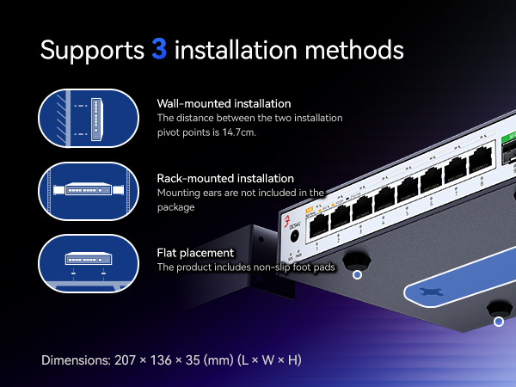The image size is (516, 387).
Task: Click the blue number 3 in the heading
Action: (x=159, y=49)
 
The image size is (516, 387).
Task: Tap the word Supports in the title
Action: (x=92, y=51)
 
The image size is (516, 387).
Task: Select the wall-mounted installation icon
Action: (x=89, y=118)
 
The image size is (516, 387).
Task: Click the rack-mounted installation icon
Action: (x=89, y=191)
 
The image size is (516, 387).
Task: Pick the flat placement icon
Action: (x=89, y=263)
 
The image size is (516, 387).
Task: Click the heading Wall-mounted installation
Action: (x=224, y=104)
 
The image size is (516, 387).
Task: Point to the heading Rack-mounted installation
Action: (x=225, y=178)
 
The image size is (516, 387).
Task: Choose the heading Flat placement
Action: (x=195, y=253)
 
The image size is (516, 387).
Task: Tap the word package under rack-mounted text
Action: (x=175, y=207)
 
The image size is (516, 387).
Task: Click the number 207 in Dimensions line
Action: (x=125, y=360)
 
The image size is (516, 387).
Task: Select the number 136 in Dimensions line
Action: (x=161, y=360)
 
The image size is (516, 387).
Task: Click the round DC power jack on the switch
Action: (x=294, y=236)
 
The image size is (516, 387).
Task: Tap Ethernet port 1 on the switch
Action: (x=319, y=224)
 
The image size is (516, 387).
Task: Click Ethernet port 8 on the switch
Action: (x=481, y=160)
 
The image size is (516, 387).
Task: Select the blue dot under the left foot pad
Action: (x=357, y=274)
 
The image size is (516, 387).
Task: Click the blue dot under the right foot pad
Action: (x=499, y=321)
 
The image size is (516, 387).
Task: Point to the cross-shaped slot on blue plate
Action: (x=432, y=292)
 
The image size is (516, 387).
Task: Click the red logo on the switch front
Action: (x=287, y=221)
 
